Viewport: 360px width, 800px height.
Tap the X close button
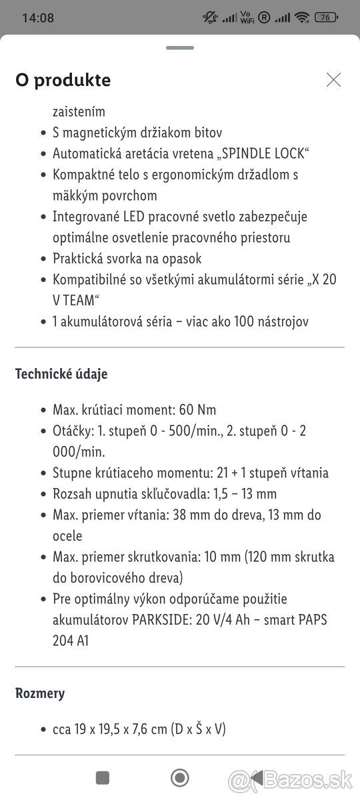(333, 80)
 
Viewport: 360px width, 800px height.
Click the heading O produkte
(63, 80)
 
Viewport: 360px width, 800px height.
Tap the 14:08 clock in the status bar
(38, 18)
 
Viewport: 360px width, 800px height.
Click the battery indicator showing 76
(325, 18)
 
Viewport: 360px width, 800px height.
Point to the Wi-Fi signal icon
(302, 18)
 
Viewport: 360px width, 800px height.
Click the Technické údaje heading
(61, 374)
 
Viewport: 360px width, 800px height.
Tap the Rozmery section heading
(40, 693)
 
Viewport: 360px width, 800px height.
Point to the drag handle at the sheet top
(180, 48)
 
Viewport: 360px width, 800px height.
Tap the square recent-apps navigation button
(103, 777)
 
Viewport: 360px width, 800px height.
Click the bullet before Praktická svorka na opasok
(41, 259)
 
